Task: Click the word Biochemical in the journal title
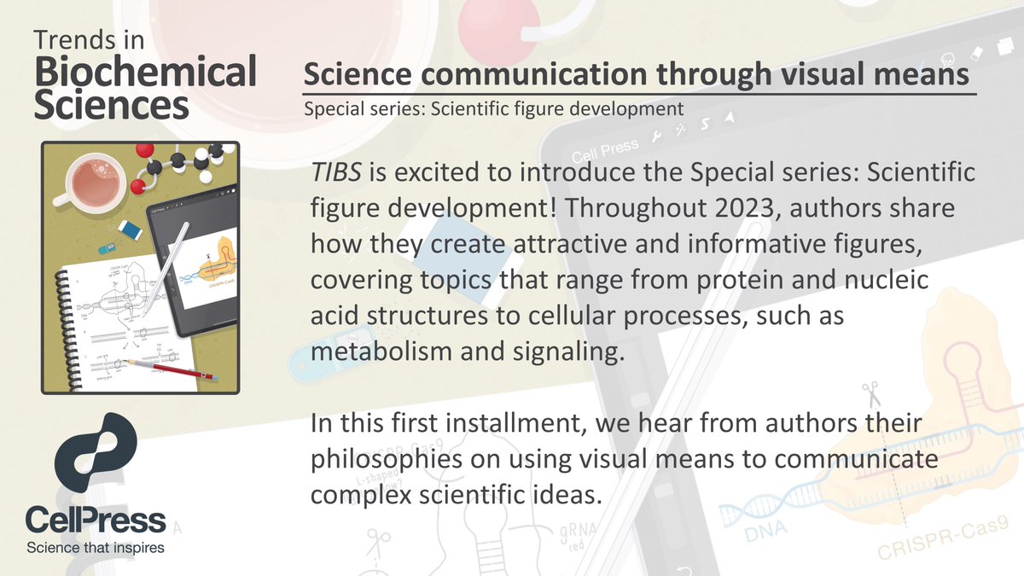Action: (145, 73)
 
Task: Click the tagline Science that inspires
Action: (95, 546)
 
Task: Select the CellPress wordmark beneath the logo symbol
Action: (95, 520)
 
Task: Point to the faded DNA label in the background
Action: (767, 534)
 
